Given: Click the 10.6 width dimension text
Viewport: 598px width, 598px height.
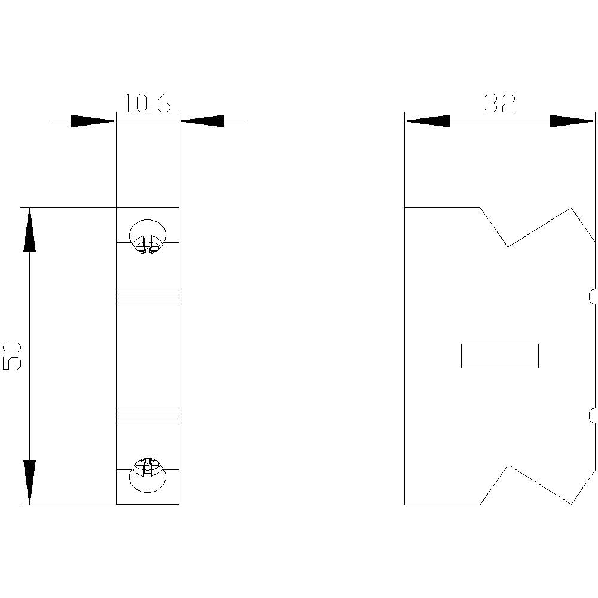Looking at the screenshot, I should point(147,104).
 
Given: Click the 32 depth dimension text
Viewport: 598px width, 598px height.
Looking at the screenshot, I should point(499,104).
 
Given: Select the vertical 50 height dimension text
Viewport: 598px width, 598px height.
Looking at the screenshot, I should point(13,356).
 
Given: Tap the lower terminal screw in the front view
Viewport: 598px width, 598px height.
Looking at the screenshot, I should point(147,475).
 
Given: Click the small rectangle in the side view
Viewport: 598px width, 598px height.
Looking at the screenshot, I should point(499,356).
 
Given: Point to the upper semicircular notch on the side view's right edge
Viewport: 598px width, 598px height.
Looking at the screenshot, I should point(591,296).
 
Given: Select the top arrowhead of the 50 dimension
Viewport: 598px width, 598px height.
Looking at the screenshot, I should point(29,230).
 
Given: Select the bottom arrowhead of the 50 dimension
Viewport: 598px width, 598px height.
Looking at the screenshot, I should point(29,482).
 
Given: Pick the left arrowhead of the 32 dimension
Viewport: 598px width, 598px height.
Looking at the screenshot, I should point(427,121).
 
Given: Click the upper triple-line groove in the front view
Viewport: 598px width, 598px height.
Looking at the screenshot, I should point(147,296).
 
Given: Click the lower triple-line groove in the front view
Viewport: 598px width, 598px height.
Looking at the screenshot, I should point(147,415).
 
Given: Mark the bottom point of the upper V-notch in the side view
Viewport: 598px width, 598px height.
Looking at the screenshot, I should point(508,246).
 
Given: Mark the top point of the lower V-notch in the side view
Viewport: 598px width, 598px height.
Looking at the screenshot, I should point(508,465).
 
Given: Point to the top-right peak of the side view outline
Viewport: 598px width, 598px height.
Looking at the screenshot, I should point(572,208).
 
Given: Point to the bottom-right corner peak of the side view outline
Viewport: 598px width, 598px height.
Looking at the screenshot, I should point(572,504).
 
